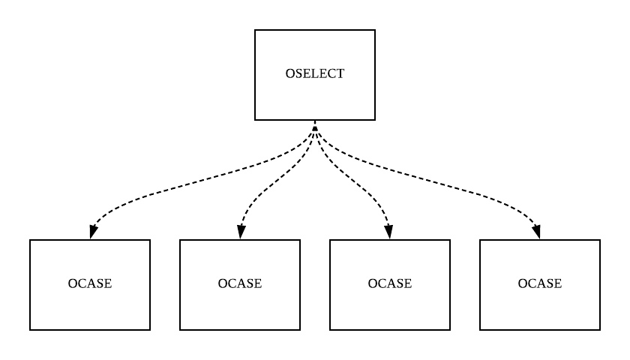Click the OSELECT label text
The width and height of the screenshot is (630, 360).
315,74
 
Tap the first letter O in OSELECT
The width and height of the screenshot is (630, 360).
290,74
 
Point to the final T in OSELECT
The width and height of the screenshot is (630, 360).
340,74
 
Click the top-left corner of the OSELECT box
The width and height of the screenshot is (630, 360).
255,30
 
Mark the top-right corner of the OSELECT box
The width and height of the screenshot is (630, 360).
375,30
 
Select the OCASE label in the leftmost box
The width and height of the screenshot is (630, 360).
90,283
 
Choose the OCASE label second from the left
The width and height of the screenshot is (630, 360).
240,283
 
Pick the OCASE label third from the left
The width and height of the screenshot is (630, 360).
390,283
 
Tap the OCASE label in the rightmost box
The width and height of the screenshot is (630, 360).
540,283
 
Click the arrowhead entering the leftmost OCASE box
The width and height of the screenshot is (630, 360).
91,233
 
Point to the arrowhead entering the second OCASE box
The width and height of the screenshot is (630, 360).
240,233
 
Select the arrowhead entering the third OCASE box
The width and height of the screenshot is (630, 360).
390,233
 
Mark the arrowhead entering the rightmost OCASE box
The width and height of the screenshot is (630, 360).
539,233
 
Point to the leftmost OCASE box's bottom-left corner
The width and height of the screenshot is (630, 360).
30,330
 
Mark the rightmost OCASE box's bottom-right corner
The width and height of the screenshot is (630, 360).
600,330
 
